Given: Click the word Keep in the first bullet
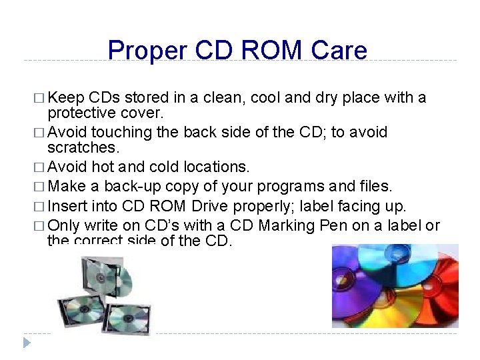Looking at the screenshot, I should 65,99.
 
